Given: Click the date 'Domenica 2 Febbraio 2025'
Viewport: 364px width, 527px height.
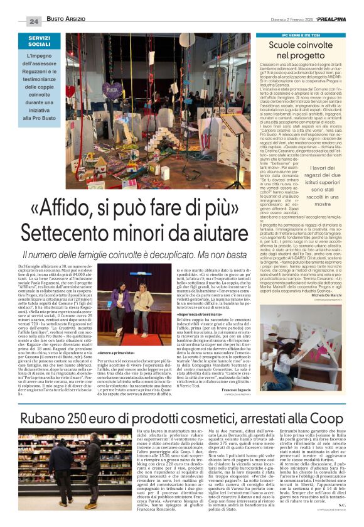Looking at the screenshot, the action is tap(269, 21).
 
